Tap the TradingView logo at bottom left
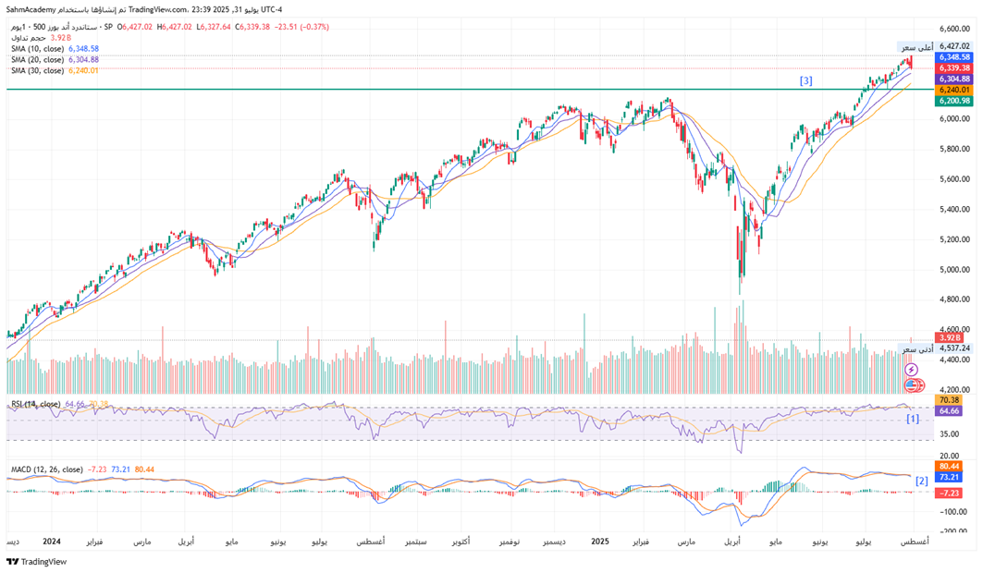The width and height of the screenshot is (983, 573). (x=37, y=561)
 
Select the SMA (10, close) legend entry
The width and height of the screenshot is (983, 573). (x=37, y=48)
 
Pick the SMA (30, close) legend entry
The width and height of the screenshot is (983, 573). (x=37, y=70)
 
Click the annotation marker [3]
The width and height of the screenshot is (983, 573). (x=806, y=81)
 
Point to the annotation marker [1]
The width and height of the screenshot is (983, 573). (x=912, y=419)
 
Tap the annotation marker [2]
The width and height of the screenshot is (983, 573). (x=921, y=481)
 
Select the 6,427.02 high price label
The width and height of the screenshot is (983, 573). (x=953, y=45)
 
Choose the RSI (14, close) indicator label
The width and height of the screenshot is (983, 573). (x=36, y=404)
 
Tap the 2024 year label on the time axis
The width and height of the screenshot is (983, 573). (x=52, y=541)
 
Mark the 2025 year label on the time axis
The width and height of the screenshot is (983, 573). (x=600, y=541)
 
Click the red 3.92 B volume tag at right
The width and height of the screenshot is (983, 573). (x=953, y=338)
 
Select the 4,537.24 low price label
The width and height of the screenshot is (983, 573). (x=953, y=348)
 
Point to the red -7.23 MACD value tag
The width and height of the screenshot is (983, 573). (x=952, y=493)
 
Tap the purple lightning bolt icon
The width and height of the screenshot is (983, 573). (x=912, y=370)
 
